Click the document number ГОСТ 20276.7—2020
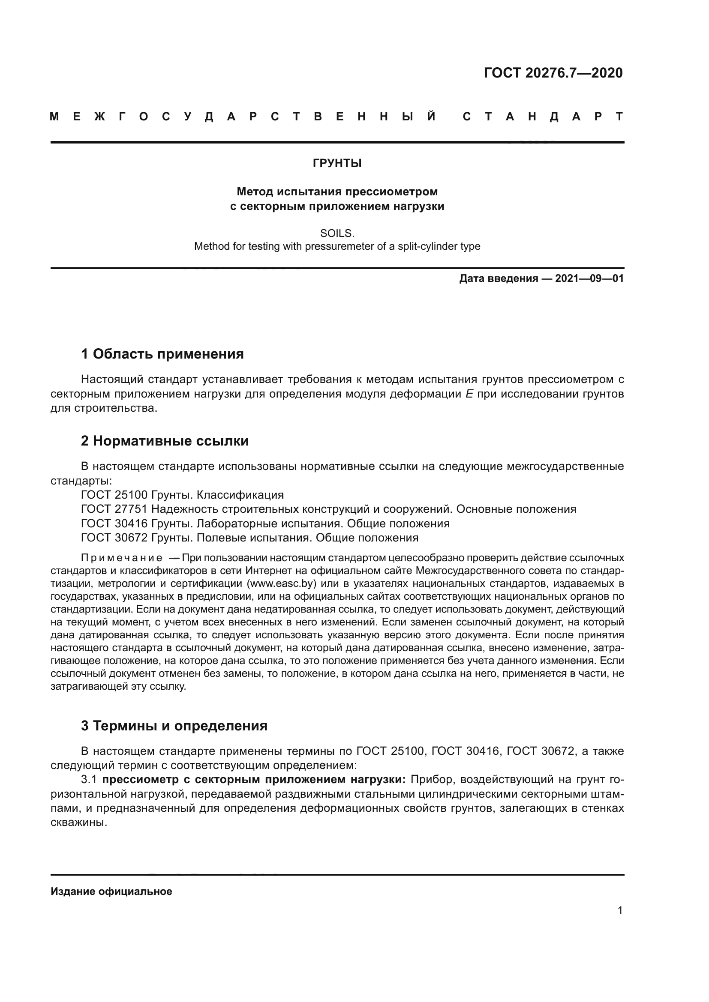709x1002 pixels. (x=553, y=73)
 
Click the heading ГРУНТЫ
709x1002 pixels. (x=337, y=163)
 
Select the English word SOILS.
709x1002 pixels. (x=337, y=233)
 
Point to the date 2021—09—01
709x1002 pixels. (x=589, y=278)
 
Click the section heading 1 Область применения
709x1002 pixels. (x=162, y=354)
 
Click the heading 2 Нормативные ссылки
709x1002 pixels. (x=165, y=441)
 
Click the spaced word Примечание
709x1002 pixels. (x=122, y=558)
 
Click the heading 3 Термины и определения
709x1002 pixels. (x=174, y=726)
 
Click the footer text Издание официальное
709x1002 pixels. (x=111, y=891)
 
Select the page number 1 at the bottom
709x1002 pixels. (x=620, y=910)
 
